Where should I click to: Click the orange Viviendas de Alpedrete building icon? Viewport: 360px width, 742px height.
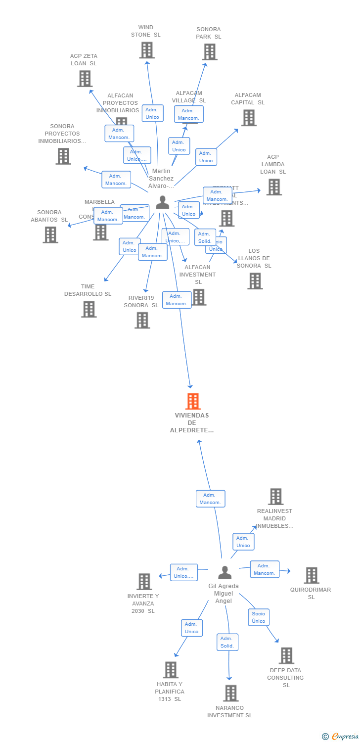(x=193, y=401)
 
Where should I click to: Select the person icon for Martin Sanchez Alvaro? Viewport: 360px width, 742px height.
(x=162, y=202)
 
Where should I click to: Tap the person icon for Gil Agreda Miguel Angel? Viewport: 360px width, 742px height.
(x=225, y=573)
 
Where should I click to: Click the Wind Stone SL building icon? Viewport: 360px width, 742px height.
(x=146, y=50)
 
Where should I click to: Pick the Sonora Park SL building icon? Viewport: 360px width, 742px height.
(x=209, y=52)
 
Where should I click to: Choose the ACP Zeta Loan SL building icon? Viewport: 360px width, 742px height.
(x=85, y=78)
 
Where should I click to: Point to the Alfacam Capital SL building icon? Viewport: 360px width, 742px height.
(x=248, y=118)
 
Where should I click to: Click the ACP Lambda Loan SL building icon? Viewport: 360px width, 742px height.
(x=273, y=187)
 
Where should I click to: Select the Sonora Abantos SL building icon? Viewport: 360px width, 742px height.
(x=50, y=234)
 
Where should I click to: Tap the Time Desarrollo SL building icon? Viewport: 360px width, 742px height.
(x=89, y=309)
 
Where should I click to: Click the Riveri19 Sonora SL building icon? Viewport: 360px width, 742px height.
(x=142, y=320)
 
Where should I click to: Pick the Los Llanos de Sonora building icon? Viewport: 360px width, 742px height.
(x=255, y=281)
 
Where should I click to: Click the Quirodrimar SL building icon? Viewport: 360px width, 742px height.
(x=311, y=575)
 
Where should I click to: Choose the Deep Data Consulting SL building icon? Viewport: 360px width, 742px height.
(x=286, y=655)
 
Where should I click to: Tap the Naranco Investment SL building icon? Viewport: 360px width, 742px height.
(x=230, y=693)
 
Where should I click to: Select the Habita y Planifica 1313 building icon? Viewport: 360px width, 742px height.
(x=170, y=669)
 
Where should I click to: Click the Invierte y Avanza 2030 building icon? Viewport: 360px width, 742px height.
(x=144, y=581)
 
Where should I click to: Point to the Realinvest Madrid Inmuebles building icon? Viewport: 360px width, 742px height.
(x=275, y=496)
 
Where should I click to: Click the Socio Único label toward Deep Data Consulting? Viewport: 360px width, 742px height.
(x=259, y=617)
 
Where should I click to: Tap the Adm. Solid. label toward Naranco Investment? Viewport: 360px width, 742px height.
(x=227, y=642)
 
